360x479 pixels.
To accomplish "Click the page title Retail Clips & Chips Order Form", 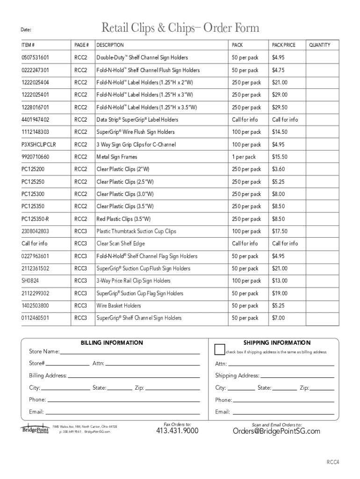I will pyautogui.click(x=180, y=29).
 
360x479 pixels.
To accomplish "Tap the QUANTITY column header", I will pyautogui.click(x=319, y=45).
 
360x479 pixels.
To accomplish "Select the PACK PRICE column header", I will pyautogui.click(x=284, y=45).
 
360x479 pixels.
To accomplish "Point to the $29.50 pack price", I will pyautogui.click(x=280, y=107).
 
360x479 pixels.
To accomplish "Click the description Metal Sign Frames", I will pyautogui.click(x=117, y=157).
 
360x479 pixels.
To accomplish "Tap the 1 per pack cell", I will pyautogui.click(x=244, y=157).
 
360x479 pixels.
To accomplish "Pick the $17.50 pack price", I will pyautogui.click(x=280, y=231).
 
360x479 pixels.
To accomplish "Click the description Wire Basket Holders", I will pyautogui.click(x=118, y=305).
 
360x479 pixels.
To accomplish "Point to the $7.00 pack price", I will pyautogui.click(x=279, y=318).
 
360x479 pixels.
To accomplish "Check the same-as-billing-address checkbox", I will pyautogui.click(x=219, y=349).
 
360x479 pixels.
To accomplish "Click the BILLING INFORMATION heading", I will pyautogui.click(x=112, y=343).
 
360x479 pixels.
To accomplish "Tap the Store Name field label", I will pyautogui.click(x=44, y=352).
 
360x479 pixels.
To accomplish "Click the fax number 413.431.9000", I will pyautogui.click(x=177, y=431).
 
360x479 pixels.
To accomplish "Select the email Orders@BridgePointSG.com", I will pyautogui.click(x=276, y=431).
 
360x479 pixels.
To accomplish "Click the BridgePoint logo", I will pyautogui.click(x=35, y=429).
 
